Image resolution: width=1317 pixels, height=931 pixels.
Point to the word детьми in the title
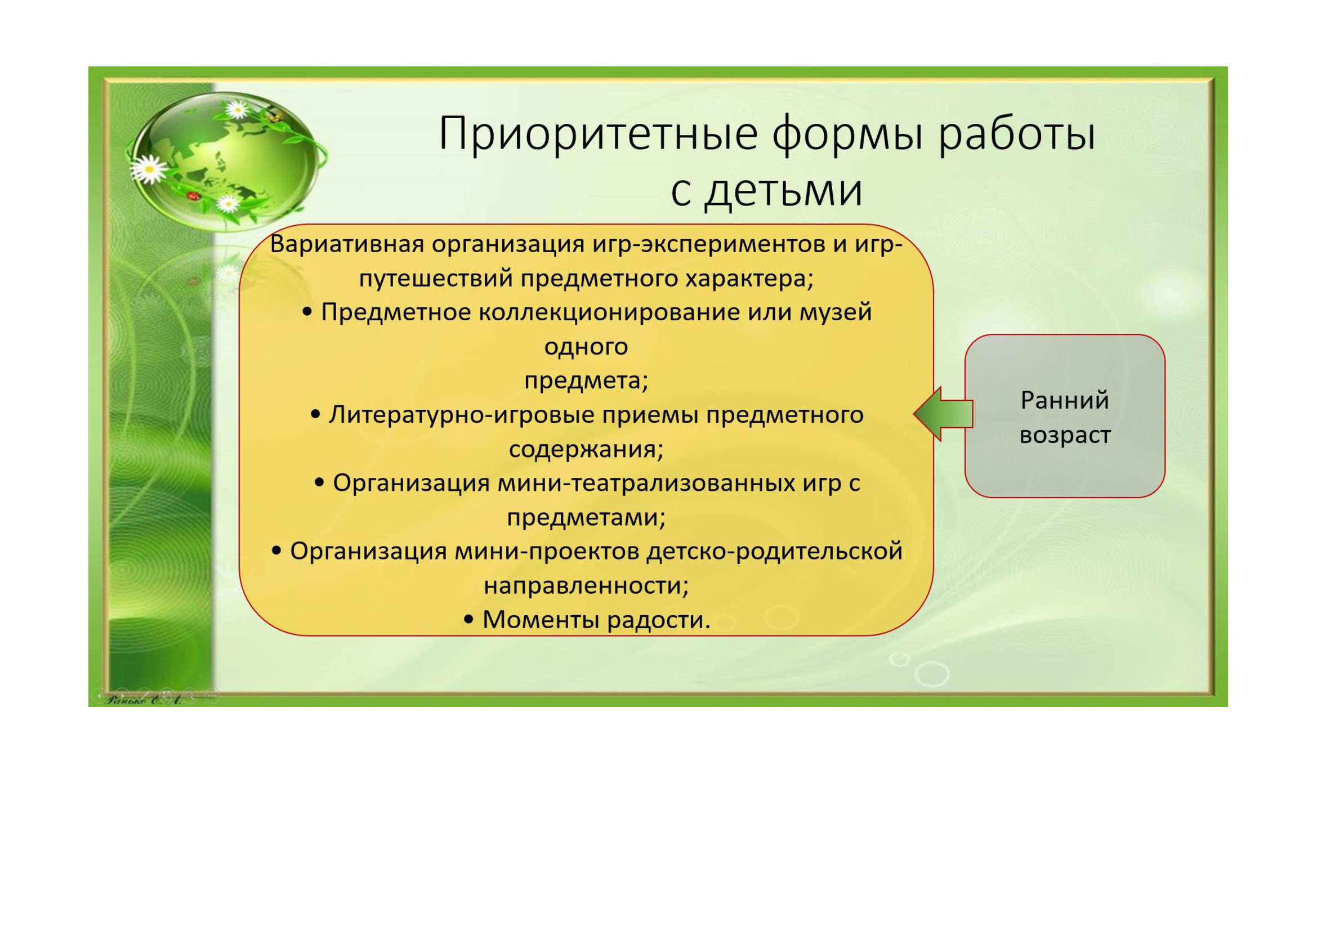pyautogui.click(x=783, y=190)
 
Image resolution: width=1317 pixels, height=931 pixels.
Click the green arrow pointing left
pyautogui.click(x=943, y=413)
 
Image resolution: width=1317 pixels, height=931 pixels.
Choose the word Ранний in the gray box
pyautogui.click(x=1065, y=400)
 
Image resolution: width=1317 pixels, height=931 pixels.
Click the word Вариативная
pyautogui.click(x=347, y=245)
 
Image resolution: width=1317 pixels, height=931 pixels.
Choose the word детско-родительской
pyautogui.click(x=774, y=552)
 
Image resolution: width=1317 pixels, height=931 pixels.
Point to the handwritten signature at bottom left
pyautogui.click(x=144, y=700)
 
